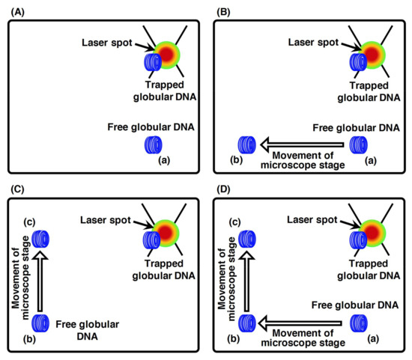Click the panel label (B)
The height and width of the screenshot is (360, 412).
[223, 9]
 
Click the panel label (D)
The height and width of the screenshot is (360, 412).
[223, 189]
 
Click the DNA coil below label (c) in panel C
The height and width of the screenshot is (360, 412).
[41, 240]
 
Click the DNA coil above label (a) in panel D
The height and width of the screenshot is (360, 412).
[360, 324]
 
